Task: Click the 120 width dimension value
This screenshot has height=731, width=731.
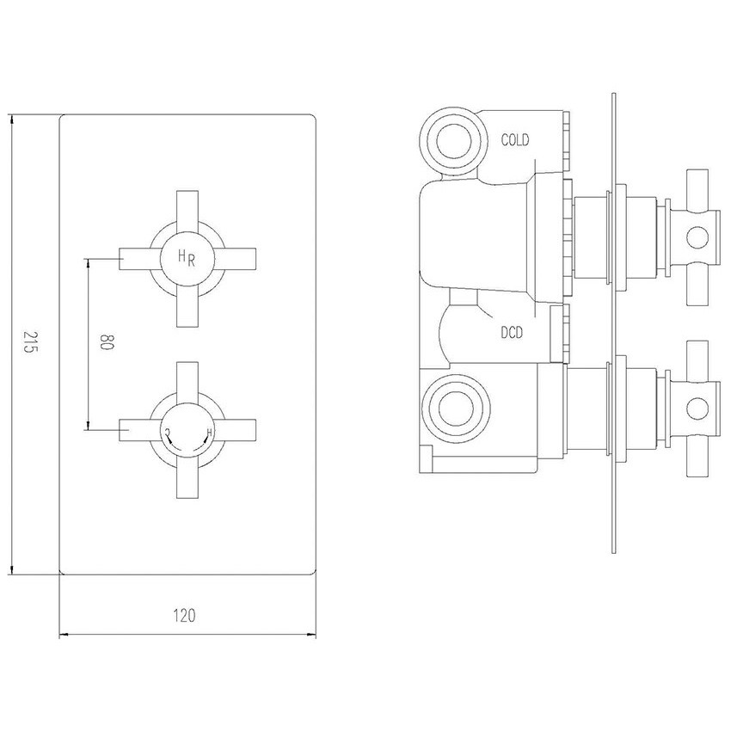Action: (185, 616)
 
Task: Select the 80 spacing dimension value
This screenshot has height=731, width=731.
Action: (107, 341)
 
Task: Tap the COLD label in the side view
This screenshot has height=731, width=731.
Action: (515, 139)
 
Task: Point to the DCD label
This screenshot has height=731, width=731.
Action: (512, 333)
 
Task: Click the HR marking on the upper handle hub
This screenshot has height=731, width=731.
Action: (186, 257)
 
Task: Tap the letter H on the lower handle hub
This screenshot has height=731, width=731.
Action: (209, 433)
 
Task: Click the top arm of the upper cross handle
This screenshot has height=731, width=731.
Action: (187, 209)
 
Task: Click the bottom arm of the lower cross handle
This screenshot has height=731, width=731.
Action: (187, 480)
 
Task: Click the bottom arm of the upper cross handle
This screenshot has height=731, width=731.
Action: (187, 309)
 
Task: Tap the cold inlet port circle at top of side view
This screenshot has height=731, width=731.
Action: (453, 139)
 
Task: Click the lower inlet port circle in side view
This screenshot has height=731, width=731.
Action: (455, 408)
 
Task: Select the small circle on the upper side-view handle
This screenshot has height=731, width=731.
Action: (698, 237)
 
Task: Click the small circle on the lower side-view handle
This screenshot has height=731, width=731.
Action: (698, 408)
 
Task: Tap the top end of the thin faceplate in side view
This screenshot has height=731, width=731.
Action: (614, 95)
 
